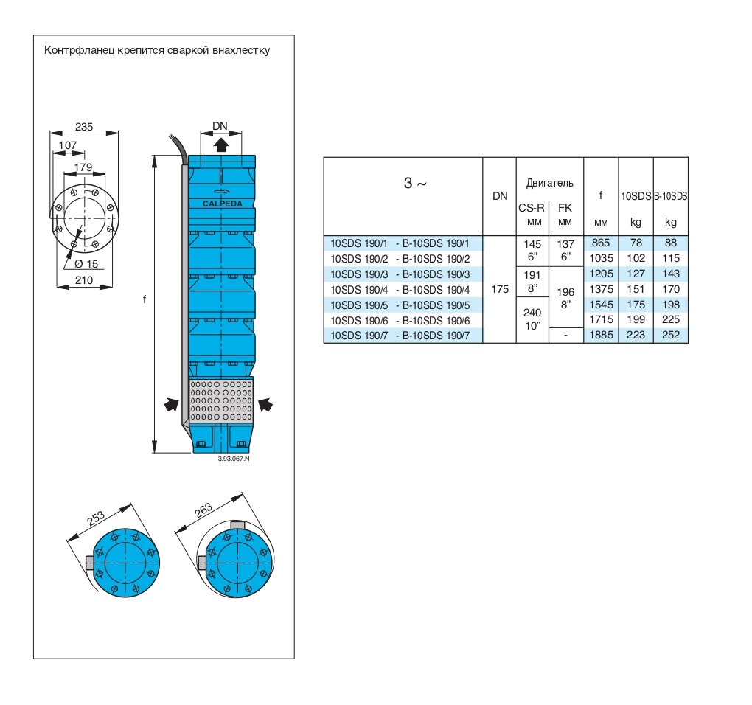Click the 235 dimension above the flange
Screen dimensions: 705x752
[x=84, y=127]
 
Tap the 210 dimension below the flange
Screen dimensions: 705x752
[x=84, y=280]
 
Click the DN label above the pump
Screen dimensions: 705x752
[x=220, y=126]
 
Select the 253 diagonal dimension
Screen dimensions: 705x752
[x=95, y=519]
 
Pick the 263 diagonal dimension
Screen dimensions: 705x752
[x=204, y=508]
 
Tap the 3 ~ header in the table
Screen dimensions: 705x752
[x=415, y=184]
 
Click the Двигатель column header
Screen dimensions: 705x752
[x=549, y=182]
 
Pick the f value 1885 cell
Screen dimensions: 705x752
[x=601, y=335]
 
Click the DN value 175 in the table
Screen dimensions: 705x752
[x=499, y=289]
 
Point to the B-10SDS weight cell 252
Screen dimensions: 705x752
[x=671, y=335]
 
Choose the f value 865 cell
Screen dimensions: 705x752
[x=601, y=243]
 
